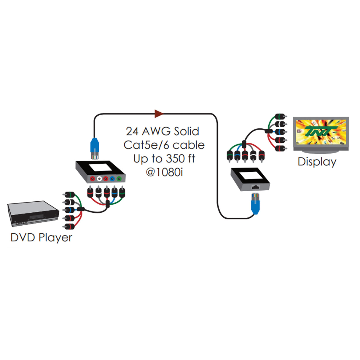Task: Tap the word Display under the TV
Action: (317, 162)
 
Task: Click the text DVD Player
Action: (41, 238)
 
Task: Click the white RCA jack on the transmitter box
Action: (99, 179)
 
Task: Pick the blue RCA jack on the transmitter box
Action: (112, 179)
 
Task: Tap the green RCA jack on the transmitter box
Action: (119, 179)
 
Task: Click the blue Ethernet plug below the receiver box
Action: (255, 203)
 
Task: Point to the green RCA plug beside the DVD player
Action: (69, 195)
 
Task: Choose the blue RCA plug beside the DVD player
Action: (69, 210)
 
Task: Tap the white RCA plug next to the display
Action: (280, 124)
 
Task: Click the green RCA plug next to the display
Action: (280, 116)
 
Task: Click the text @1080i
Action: (164, 172)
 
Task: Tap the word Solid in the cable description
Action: (186, 131)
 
